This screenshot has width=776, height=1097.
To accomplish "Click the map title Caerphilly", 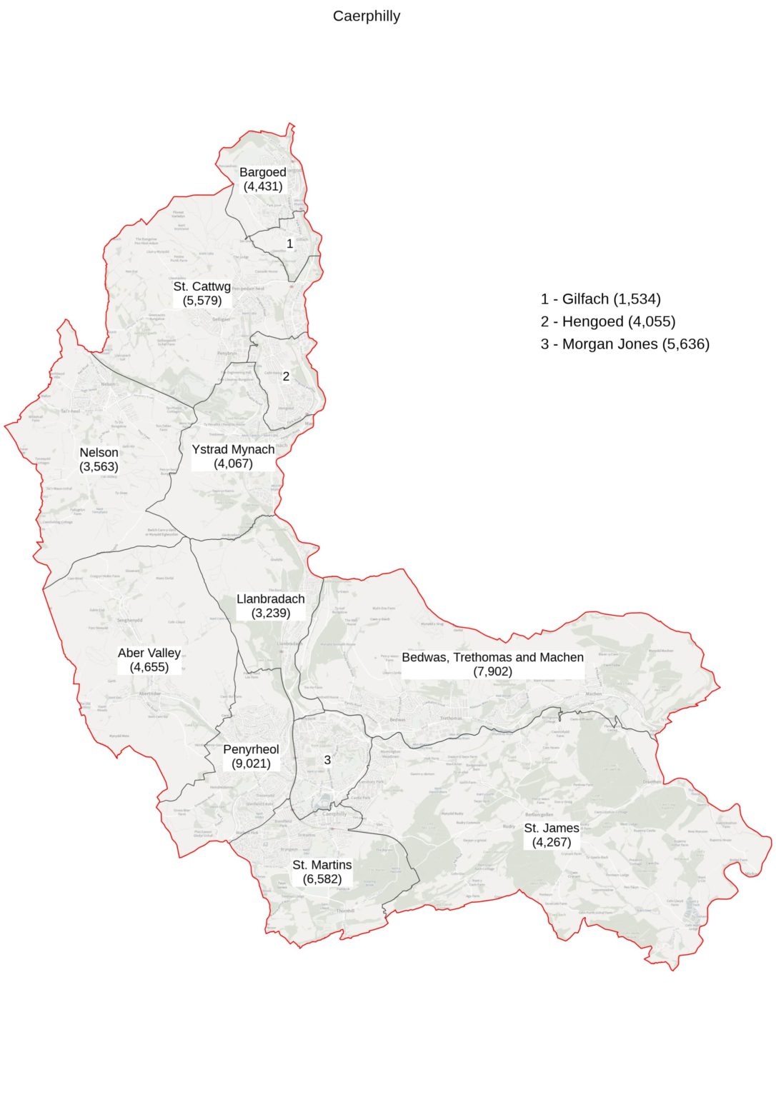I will (366, 16).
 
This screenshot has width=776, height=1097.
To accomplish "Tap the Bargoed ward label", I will (263, 179).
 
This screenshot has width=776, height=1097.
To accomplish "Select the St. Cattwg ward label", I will (202, 294).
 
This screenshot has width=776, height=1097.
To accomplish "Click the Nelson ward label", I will (99, 459).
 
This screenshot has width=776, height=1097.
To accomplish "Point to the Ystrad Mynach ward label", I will (233, 456).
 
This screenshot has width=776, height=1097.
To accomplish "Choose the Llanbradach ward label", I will (271, 606).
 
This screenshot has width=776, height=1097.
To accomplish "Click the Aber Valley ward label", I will (149, 660).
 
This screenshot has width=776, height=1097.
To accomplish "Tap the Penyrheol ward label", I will (251, 756).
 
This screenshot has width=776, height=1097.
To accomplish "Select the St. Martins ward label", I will (322, 872).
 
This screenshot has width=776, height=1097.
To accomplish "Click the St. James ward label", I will (552, 835).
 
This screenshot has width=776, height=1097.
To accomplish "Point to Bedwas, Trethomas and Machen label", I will (492, 664).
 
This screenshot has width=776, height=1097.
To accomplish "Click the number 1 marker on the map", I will (289, 244).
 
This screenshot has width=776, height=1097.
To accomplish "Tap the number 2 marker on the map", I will (286, 376).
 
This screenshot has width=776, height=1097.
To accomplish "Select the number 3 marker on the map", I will (327, 760).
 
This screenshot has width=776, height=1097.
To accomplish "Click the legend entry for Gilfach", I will (600, 299).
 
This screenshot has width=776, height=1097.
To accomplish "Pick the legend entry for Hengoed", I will (607, 321).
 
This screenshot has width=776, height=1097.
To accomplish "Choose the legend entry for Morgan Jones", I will (625, 344).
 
